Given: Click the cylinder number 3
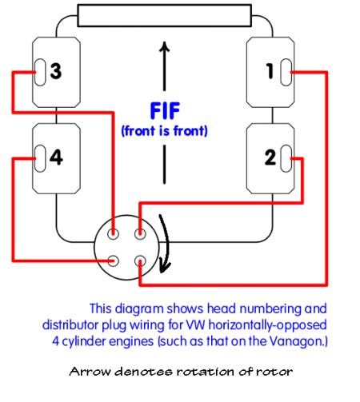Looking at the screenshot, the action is click(56, 71).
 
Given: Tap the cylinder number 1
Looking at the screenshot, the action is click(270, 71).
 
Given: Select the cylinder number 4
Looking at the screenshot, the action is click(56, 157).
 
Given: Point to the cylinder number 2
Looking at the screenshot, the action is click(270, 157).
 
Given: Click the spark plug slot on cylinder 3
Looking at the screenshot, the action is click(40, 72).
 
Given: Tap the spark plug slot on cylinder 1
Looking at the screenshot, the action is click(286, 72).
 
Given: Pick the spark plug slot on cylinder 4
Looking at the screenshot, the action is click(40, 158).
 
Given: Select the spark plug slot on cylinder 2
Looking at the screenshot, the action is click(286, 158).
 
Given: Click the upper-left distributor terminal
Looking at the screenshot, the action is click(113, 234).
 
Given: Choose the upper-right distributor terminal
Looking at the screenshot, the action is click(140, 234).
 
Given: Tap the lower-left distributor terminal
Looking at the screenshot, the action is click(113, 261).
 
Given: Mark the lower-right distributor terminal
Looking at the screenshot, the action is click(140, 261).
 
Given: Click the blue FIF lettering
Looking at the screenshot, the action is click(165, 110).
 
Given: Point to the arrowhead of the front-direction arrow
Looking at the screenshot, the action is click(165, 46).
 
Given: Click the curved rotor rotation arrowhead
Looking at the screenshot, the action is click(165, 265).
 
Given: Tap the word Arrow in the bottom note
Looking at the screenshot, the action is click(90, 372).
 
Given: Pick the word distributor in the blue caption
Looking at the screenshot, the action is click(70, 325).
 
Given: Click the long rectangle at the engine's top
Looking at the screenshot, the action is click(165, 15).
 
